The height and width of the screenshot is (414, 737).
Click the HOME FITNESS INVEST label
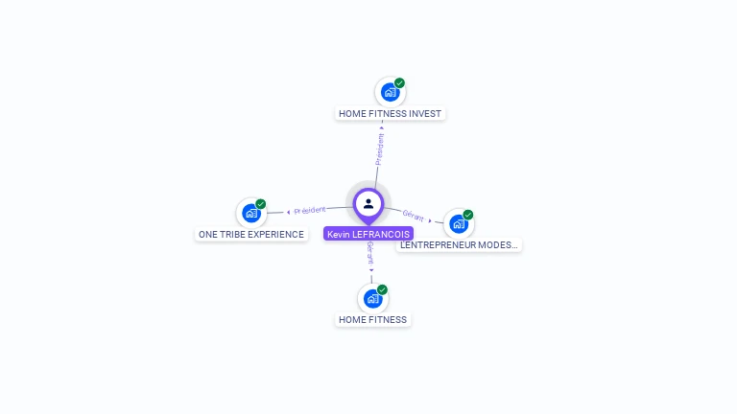tap(390, 113)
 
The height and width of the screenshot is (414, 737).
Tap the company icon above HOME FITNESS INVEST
tap(390, 92)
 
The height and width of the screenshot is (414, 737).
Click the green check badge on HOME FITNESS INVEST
tap(399, 83)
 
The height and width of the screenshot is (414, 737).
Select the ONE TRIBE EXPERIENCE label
tap(250, 234)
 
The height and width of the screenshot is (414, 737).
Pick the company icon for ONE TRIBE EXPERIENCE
tap(251, 213)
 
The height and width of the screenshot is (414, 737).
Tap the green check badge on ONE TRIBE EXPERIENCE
tap(261, 204)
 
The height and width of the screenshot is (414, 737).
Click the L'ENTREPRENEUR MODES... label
tap(459, 244)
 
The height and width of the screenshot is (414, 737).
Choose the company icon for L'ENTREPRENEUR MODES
tap(458, 223)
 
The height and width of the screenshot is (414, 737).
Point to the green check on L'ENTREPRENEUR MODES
tap(468, 215)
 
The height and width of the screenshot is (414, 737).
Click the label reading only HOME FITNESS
tap(372, 319)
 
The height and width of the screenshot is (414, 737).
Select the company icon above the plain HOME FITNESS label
tap(372, 298)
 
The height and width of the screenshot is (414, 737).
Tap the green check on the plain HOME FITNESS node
tap(382, 289)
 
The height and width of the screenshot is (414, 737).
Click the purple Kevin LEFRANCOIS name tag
tap(368, 234)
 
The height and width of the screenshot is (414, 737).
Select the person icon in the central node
tap(368, 203)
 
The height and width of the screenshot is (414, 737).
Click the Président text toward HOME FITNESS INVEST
tap(381, 149)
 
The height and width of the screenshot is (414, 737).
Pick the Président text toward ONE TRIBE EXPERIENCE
tap(310, 210)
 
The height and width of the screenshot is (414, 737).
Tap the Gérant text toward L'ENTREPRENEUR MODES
tap(414, 216)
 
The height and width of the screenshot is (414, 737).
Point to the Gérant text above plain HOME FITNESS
tap(370, 253)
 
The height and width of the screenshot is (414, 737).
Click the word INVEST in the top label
tap(425, 113)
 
